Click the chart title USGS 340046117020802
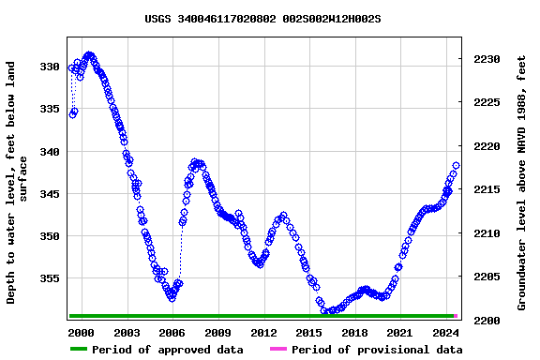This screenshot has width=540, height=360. [262, 19]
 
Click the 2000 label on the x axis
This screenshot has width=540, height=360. [81, 333]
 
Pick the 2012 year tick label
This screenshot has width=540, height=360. [263, 333]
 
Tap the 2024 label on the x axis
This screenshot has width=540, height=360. [446, 333]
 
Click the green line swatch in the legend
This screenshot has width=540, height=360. [79, 350]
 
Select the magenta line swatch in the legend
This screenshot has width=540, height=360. [278, 350]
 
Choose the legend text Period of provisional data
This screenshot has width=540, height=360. [376, 350]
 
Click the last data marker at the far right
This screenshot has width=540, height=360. [456, 166]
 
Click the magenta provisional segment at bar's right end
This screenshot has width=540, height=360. [456, 316]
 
